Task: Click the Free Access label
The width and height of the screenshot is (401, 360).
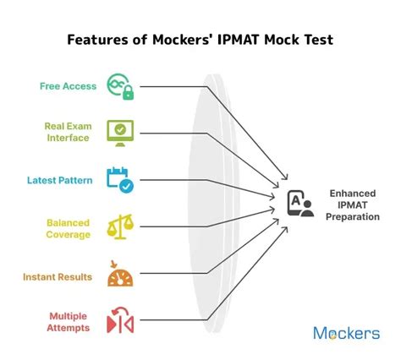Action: [67, 85]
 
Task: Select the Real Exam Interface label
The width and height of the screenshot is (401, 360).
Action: [67, 132]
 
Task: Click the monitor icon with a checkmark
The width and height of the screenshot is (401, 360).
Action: [118, 132]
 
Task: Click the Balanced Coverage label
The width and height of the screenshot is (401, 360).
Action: [68, 228]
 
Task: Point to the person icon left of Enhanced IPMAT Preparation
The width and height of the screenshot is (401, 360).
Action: [299, 203]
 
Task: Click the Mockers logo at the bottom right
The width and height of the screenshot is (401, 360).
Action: [346, 333]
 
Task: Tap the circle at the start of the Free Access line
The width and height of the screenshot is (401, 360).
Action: [139, 85]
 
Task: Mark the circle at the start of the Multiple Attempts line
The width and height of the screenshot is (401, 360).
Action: [139, 322]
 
